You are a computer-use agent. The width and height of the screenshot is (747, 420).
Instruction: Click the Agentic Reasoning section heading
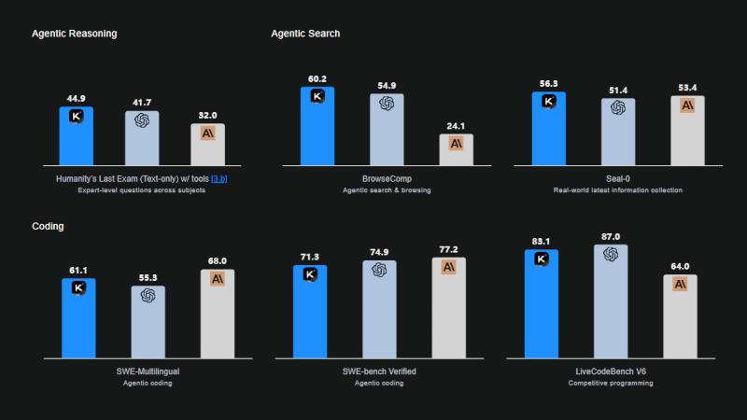point(74,34)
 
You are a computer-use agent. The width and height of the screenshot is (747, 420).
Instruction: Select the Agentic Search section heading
point(305,34)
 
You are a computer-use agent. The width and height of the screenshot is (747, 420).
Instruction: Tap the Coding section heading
point(49,226)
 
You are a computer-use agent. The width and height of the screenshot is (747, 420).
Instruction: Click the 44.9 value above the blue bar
point(77,98)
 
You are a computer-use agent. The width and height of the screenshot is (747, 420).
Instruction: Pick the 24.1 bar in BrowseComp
point(457,151)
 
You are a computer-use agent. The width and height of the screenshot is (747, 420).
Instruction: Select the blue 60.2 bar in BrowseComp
point(317,127)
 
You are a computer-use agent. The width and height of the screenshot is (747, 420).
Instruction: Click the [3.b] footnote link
point(219,178)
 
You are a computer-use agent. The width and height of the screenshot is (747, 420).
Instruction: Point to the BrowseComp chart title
point(387,178)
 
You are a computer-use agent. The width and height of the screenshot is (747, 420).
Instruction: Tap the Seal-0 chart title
point(618,178)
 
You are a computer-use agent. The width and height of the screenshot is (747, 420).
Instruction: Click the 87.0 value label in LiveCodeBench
point(611,237)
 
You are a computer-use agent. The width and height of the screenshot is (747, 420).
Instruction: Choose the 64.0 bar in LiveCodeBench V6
point(681,315)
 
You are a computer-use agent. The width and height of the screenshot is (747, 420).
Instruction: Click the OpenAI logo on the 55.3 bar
point(148,296)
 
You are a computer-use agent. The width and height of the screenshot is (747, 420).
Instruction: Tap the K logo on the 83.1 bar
point(542,259)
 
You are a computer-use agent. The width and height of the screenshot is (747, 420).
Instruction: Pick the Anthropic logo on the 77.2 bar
point(448,267)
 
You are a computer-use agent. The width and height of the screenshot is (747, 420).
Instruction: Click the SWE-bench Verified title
point(379,371)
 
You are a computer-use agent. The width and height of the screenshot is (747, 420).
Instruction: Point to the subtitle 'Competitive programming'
point(611,383)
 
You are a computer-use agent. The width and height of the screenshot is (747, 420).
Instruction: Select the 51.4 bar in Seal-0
point(617,133)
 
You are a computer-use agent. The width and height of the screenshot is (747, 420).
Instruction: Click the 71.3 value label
point(310,256)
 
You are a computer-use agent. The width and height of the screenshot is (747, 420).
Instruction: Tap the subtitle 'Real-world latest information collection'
point(618,189)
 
